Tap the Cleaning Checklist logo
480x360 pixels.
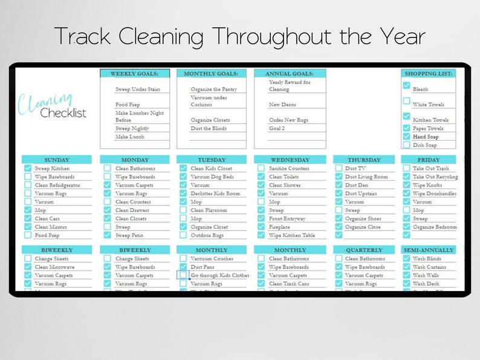coord(53,106)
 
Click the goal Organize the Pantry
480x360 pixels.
coord(213,89)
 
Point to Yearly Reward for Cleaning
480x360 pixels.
coord(290,86)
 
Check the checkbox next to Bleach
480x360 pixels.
coord(407,86)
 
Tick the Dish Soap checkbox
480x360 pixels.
coord(407,145)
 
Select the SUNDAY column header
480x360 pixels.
coord(57,160)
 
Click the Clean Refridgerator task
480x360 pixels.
coord(57,185)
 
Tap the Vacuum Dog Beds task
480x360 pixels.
coord(213,177)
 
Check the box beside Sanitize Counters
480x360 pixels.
coord(261,169)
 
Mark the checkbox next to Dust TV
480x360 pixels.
coord(339,169)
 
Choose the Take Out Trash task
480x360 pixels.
coord(430,169)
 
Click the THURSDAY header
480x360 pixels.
coord(364,160)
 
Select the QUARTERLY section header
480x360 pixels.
coord(364,250)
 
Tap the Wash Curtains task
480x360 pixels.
coord(429,267)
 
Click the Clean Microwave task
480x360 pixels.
coord(54,267)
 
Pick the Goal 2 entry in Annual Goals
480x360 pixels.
coord(277,129)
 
